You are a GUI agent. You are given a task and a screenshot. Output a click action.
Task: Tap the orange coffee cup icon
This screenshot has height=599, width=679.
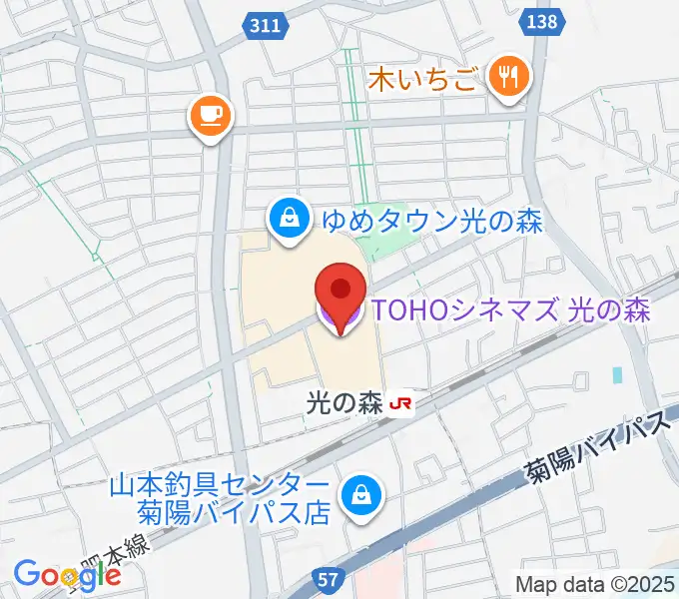211,116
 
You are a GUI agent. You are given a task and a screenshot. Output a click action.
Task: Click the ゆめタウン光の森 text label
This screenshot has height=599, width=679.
430,221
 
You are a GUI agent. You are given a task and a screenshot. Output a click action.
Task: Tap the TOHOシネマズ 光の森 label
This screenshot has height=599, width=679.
509,310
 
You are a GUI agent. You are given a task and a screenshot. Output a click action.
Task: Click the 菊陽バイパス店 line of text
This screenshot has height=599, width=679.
233,513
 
